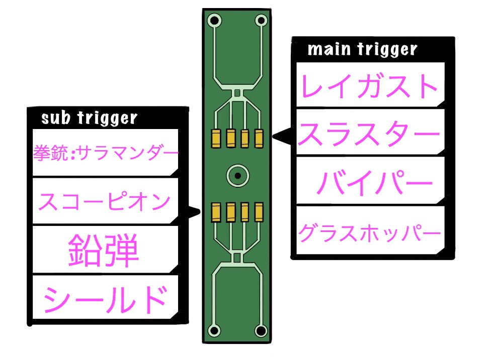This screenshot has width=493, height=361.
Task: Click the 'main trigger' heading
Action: (x=362, y=50)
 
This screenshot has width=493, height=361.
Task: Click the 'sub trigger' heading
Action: (x=89, y=118)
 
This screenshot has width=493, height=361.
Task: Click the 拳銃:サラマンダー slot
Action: (x=106, y=151)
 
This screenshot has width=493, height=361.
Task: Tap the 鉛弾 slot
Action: (x=103, y=250)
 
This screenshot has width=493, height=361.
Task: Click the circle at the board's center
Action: (x=236, y=176)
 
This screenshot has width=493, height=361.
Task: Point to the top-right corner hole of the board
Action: (x=261, y=21)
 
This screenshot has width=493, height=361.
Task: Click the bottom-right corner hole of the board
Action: (x=261, y=331)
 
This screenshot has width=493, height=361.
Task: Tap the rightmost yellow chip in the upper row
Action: (x=259, y=137)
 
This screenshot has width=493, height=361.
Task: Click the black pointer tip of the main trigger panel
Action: (x=274, y=136)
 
